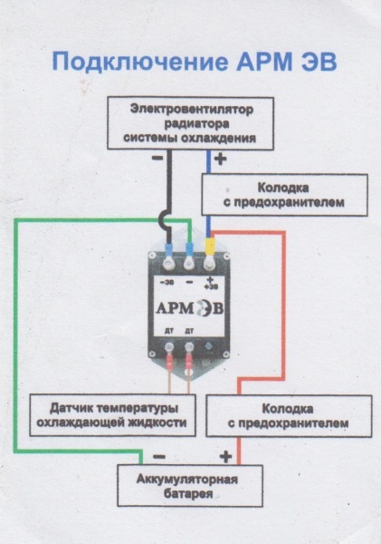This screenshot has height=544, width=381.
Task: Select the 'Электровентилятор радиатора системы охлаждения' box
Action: [190, 124]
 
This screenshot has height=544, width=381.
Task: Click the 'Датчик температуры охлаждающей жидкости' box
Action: [111, 415]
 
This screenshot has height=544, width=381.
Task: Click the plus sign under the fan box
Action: [221, 160]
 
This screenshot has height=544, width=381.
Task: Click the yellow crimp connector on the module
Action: [211, 245]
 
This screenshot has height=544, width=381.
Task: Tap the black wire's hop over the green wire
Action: [165, 219]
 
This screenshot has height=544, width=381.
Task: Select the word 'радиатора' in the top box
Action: [190, 124]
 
